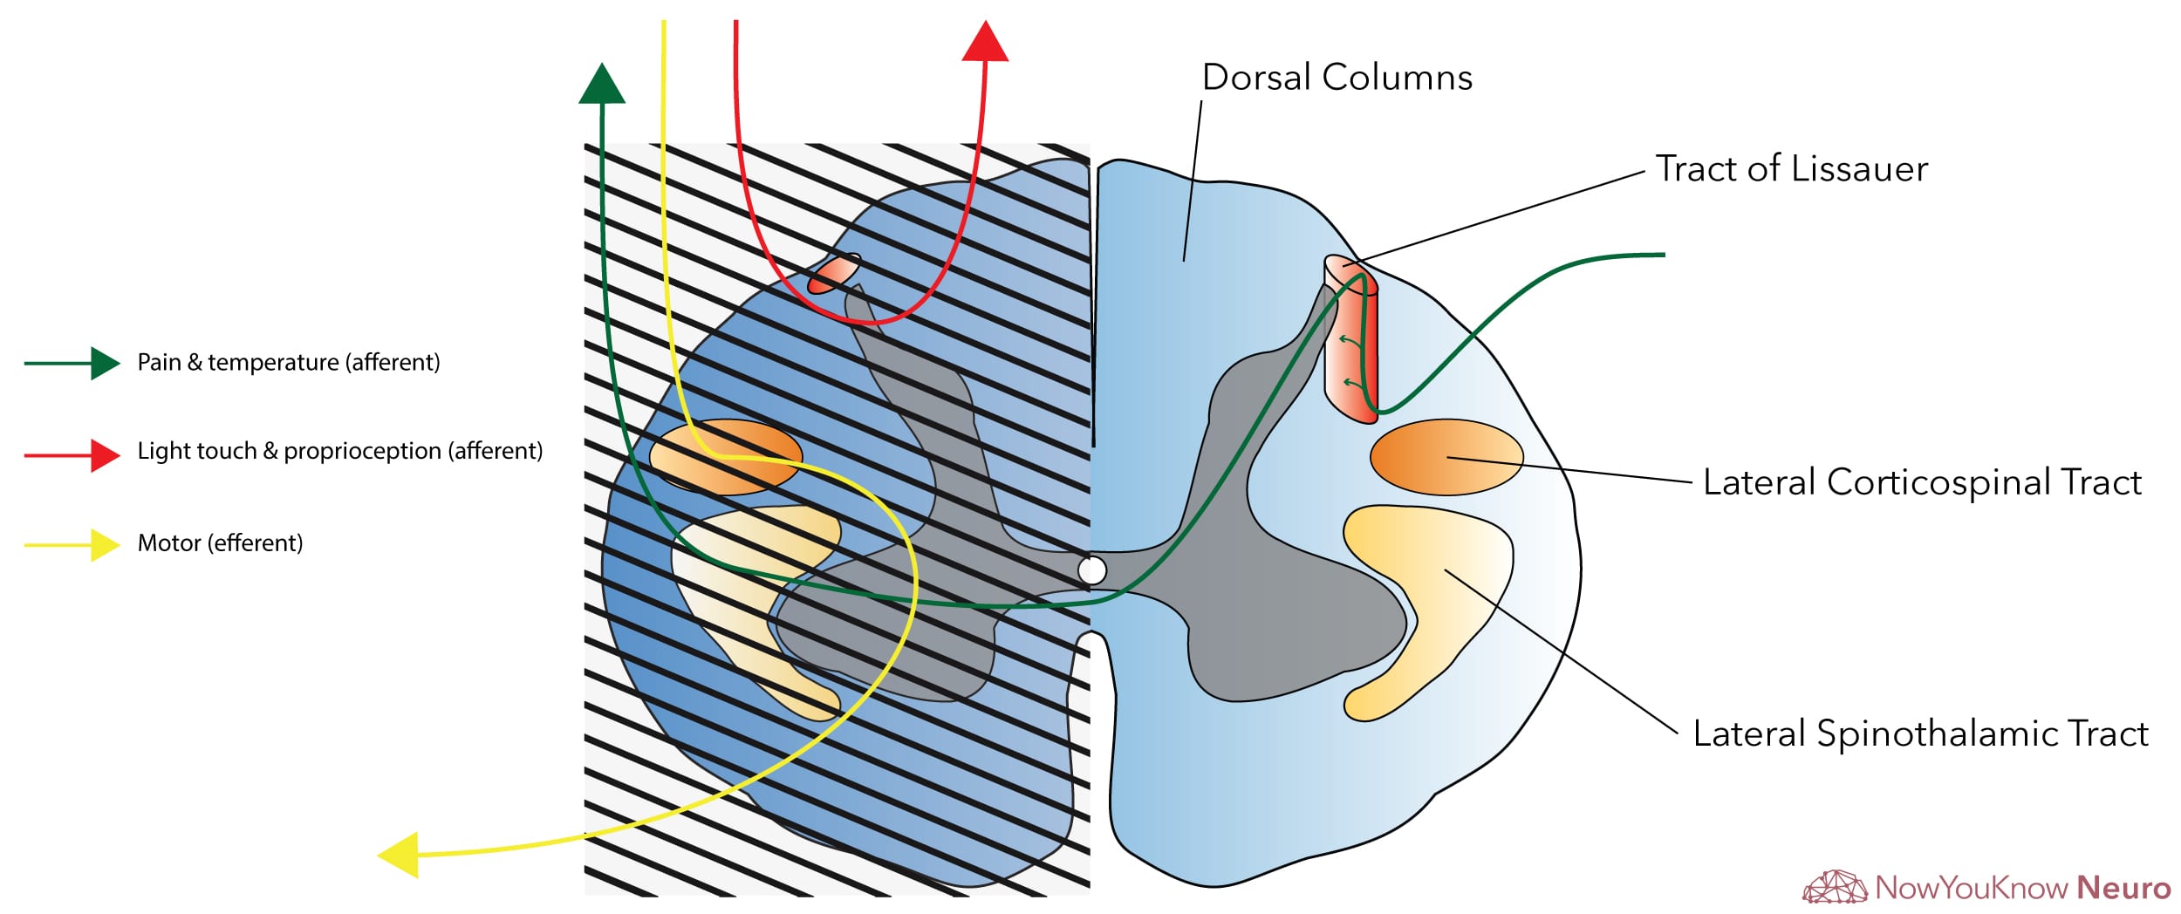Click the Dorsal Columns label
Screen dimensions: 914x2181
click(x=1337, y=78)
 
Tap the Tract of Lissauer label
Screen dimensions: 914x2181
click(x=1791, y=168)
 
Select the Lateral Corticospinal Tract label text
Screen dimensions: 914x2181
click(x=1922, y=482)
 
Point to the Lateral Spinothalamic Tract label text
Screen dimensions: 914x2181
click(x=1920, y=733)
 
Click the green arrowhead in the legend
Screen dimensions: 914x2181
click(x=104, y=363)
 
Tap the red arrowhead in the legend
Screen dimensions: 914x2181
click(x=104, y=454)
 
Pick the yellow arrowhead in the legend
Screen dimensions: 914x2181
click(x=104, y=545)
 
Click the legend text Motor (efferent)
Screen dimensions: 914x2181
click(x=220, y=543)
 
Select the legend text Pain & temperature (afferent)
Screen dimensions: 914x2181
click(x=288, y=362)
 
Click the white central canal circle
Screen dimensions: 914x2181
click(x=1091, y=570)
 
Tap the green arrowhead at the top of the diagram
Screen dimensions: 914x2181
click(x=602, y=85)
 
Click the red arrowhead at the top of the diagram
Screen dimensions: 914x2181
click(x=985, y=42)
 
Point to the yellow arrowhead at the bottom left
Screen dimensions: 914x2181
click(x=400, y=855)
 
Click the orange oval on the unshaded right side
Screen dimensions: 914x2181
click(x=1446, y=457)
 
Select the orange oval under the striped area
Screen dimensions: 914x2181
click(x=725, y=457)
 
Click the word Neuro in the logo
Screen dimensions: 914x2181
click(x=2123, y=888)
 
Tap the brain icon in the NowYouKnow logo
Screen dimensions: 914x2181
click(x=1835, y=887)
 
